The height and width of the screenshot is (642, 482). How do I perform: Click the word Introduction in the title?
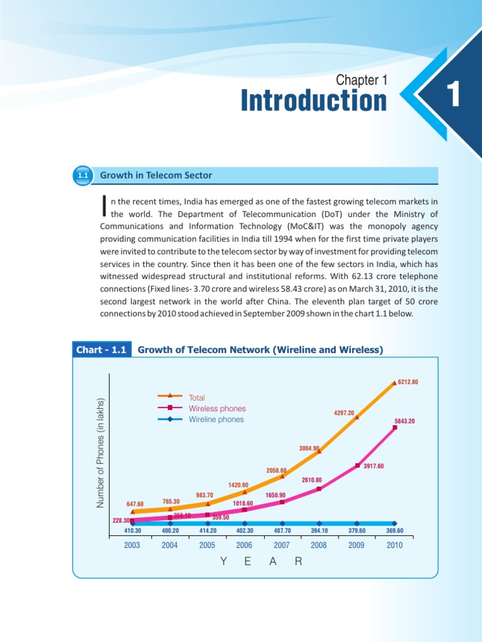pos(314,102)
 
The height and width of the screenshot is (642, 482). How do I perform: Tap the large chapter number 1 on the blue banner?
pos(454,95)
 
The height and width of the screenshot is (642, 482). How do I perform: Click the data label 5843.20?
pos(405,421)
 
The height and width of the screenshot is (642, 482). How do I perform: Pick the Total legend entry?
pos(196,397)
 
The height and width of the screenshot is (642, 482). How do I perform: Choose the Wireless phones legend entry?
pos(217,409)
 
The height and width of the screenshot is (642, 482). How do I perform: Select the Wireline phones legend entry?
pos(216,419)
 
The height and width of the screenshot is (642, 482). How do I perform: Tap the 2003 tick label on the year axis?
pos(132,545)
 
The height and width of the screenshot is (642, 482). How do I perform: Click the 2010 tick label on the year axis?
pos(394,545)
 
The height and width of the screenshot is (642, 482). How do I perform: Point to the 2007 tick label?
pos(282,545)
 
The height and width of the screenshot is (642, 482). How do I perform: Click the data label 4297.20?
pos(344,413)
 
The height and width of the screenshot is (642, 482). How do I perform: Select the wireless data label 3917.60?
pos(373,466)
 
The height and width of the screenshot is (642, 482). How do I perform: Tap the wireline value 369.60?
pos(394,531)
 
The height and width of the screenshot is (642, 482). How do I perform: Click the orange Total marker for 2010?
pos(394,382)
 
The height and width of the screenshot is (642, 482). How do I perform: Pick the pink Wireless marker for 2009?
pos(357,465)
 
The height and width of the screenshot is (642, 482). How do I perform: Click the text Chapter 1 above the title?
pos(362,80)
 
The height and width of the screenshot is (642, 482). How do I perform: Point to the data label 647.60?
pos(135,504)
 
